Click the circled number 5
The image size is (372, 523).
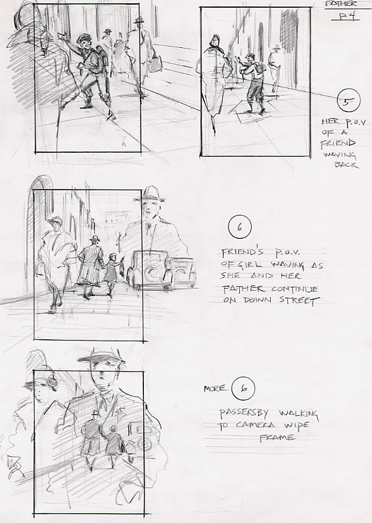(x=348, y=100)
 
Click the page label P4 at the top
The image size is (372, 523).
(x=346, y=16)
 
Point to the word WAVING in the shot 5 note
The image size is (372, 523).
(x=339, y=154)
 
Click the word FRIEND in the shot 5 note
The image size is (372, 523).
(x=338, y=144)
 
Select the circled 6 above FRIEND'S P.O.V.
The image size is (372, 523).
(x=240, y=227)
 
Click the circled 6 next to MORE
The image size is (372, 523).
(x=244, y=388)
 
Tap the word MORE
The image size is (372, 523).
(x=215, y=388)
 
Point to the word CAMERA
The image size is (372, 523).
(x=256, y=425)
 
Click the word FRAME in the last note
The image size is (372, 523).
(x=277, y=437)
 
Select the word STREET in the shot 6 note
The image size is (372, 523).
(x=297, y=301)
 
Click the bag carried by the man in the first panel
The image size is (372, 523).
(x=155, y=64)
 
